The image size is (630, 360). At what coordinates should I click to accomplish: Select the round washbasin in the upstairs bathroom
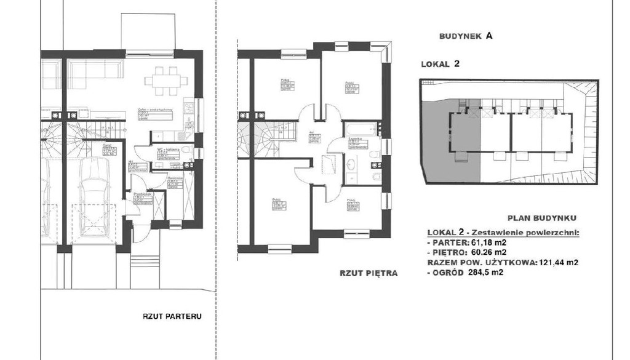pyautogui.click(x=351, y=164)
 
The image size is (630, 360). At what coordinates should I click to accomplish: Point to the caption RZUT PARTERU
pyautogui.click(x=169, y=318)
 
